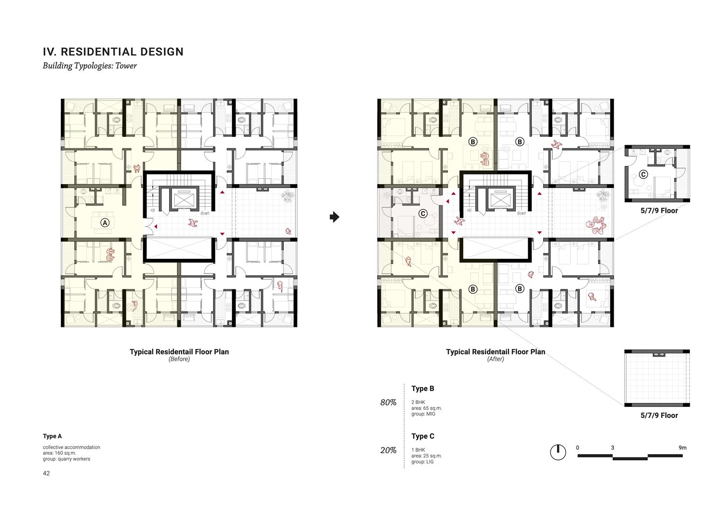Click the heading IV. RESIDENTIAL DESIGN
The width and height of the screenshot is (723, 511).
(x=113, y=52)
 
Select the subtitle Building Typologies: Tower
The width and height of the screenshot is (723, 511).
(x=90, y=66)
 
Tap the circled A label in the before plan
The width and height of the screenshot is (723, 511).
(x=105, y=222)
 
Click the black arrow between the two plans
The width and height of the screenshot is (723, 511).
(x=335, y=217)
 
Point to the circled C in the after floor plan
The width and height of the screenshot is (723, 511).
(x=423, y=214)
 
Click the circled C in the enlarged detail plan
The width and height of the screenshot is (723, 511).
(x=643, y=175)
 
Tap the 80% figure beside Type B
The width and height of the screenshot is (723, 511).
(x=388, y=403)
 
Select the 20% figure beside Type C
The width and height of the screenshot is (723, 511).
(x=388, y=450)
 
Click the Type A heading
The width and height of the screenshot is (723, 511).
(x=52, y=436)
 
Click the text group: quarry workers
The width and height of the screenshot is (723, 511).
(x=67, y=459)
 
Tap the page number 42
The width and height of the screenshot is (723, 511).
(x=46, y=473)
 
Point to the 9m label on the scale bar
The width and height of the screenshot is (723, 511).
(x=683, y=448)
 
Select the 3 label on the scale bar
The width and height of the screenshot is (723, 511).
(x=612, y=448)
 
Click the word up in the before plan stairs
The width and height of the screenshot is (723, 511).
(x=153, y=210)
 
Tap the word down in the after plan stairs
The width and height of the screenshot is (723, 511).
(x=521, y=213)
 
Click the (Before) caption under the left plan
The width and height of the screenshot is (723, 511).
(x=179, y=359)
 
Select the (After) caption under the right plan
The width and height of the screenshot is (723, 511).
(x=495, y=359)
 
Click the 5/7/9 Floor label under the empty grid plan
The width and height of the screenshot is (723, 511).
(x=659, y=416)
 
